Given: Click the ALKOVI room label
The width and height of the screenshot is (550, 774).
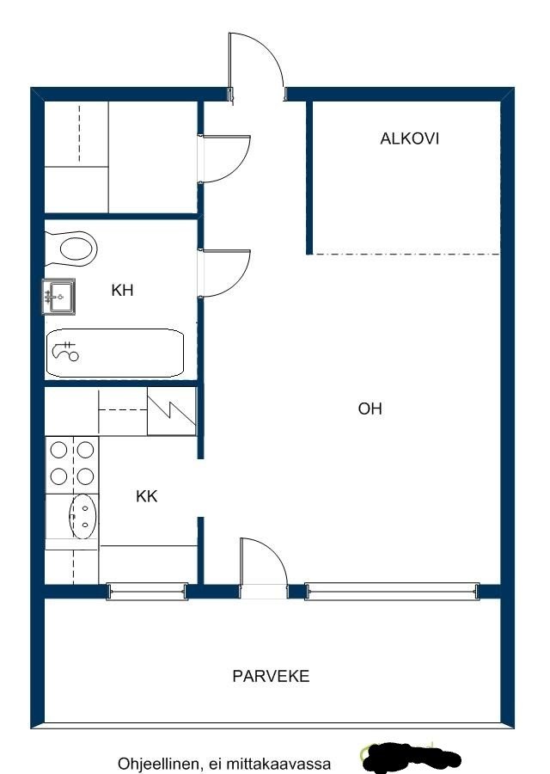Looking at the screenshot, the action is [x=409, y=138].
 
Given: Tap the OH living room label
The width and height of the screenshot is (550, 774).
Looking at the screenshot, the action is [x=370, y=408].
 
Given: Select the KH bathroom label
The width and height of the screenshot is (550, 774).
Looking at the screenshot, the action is [x=122, y=290].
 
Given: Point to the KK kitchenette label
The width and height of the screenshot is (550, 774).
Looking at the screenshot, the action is [x=146, y=496].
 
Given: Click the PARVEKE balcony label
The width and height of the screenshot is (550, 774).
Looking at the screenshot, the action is [x=271, y=676].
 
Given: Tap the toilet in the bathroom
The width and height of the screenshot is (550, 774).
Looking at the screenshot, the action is [x=71, y=247].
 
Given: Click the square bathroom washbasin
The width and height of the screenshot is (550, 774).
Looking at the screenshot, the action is [x=59, y=297].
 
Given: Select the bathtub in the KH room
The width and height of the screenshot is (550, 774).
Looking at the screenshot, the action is [x=115, y=353].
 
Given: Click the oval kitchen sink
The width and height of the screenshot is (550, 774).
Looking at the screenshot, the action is [x=82, y=516].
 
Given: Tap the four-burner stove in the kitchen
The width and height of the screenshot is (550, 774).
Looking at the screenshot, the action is [x=72, y=463].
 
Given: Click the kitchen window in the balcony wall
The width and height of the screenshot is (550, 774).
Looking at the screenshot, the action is [x=148, y=591].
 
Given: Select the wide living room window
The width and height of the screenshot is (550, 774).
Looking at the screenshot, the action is [x=392, y=591].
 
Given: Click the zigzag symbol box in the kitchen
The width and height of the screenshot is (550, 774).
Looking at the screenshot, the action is [x=172, y=411].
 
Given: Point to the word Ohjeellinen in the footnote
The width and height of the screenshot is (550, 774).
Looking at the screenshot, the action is [x=159, y=765].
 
